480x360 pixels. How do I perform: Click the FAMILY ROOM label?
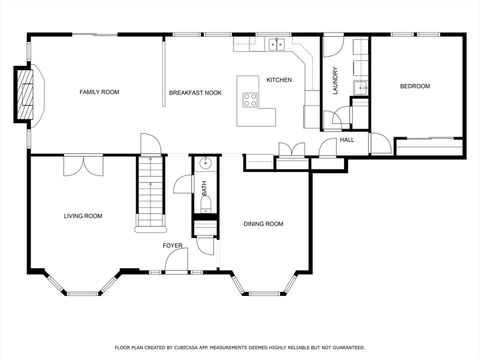coord(99,92)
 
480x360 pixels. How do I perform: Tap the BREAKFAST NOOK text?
coord(195,92)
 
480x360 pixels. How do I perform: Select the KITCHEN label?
coord(279,79)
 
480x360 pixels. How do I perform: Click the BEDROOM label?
coord(414,86)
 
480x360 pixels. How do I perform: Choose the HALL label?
coord(347,139)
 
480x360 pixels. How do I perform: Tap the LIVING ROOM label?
coord(83,215)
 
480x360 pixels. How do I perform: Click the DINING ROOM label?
coord(264,224)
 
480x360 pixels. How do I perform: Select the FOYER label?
coord(173,244)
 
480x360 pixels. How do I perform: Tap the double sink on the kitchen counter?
coord(276,44)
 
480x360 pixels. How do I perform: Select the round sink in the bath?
coord(203,163)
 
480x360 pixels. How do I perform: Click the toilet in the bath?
coord(204,205)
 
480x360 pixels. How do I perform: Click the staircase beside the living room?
coord(150,195)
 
